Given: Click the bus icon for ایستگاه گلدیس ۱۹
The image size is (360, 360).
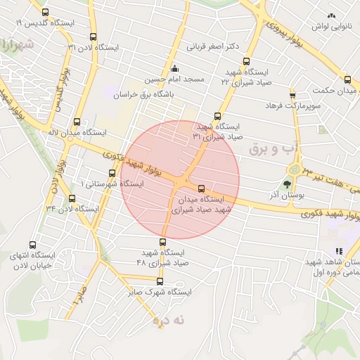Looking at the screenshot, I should click(46, 13).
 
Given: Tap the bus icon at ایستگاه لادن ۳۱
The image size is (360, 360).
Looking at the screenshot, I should click(94, 37).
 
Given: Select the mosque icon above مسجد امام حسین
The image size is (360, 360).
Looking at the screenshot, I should click(174, 69).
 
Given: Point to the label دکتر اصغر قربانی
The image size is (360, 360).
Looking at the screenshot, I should click(212, 46).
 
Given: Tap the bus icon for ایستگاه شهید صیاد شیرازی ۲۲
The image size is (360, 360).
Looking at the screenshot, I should click(246, 62).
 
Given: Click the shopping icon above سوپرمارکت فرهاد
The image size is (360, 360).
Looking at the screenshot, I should click(292, 94).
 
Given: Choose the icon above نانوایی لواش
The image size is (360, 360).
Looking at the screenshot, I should click(330, 15).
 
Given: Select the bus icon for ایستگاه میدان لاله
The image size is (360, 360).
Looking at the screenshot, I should click(77, 121).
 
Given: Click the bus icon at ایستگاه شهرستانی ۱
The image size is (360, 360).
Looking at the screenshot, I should click(112, 173).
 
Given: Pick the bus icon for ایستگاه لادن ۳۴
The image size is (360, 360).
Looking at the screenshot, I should click(72, 198).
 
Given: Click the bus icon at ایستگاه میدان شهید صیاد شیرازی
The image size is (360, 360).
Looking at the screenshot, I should click(202, 188).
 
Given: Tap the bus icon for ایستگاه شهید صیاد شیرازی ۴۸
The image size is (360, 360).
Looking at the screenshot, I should click(163, 242).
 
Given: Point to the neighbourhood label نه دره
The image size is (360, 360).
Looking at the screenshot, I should click(169, 321).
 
